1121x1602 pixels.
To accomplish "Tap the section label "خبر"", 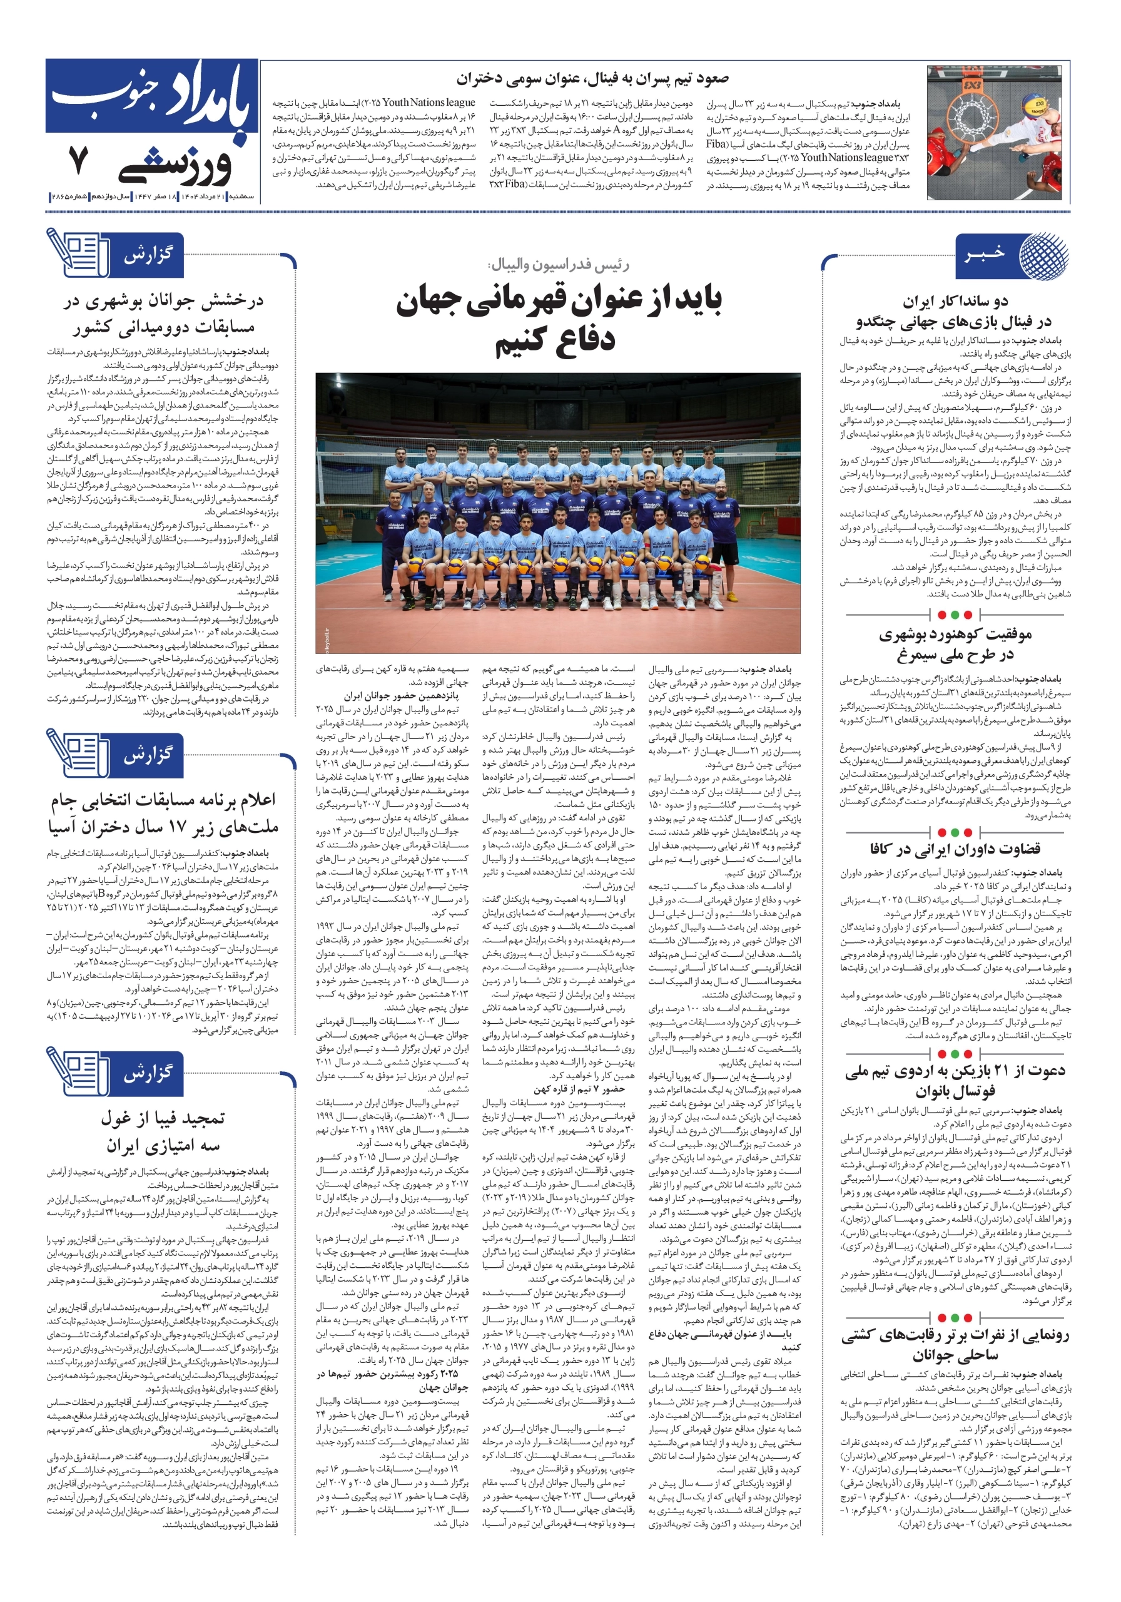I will pos(985,254).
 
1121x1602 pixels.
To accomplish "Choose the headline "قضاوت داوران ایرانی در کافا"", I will pos(955,849).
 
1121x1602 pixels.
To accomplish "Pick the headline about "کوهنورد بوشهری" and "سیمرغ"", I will pos(955,645).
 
